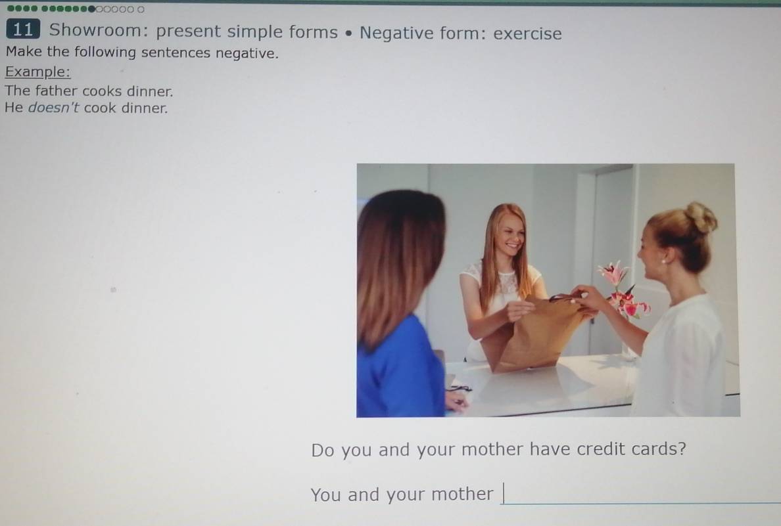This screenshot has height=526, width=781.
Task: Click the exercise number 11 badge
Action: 22,30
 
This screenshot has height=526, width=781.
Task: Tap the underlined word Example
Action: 37,72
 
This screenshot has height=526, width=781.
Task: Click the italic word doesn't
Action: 54,108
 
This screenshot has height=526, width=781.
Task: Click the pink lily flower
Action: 614,273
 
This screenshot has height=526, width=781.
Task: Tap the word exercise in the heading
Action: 527,33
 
